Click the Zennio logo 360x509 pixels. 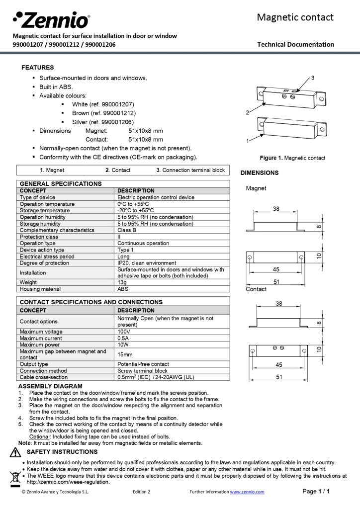51,20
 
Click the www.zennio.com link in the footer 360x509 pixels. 247,492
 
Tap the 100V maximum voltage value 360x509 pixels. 124,332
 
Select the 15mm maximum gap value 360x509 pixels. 125,354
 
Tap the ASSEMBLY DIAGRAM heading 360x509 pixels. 50,386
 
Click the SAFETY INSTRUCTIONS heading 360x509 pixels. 62,452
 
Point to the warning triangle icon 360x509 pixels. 15,453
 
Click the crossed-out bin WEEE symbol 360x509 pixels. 15,477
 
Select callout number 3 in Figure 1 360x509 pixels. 312,78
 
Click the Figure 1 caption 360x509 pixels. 292,158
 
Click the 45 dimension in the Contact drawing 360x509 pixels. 279,365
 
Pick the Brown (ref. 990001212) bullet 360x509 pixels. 103,113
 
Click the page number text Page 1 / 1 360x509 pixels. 316,492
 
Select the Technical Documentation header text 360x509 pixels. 295,44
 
